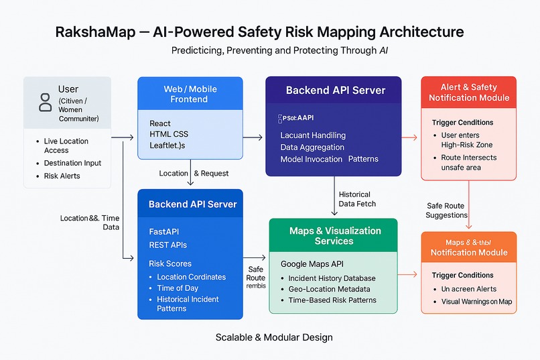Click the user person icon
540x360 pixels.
click(46, 102)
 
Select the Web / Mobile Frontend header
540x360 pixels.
click(190, 94)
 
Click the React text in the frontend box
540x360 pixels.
click(160, 123)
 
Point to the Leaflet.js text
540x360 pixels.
click(167, 145)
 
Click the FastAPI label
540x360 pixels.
click(164, 231)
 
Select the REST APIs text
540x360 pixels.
click(168, 245)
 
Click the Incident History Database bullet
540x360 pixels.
click(332, 278)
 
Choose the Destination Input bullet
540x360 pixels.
click(73, 163)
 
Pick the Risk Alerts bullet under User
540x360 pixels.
click(62, 176)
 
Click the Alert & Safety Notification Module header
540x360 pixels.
click(469, 93)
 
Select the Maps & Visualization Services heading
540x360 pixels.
click(335, 235)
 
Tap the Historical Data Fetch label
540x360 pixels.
click(357, 199)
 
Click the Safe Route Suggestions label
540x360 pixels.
click(446, 211)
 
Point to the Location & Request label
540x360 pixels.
click(194, 173)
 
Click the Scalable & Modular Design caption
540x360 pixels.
click(273, 337)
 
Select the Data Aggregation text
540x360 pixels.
click(312, 147)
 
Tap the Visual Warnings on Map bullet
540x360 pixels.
click(476, 302)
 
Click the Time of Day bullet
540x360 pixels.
click(178, 288)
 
